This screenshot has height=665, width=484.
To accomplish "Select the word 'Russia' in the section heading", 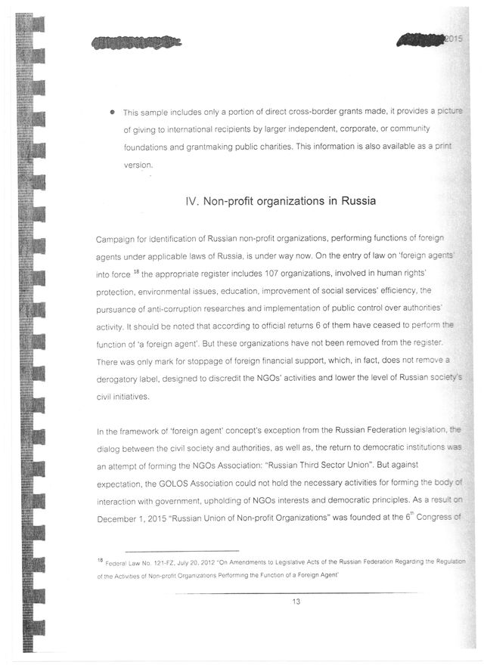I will pyautogui.click(x=340, y=203).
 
